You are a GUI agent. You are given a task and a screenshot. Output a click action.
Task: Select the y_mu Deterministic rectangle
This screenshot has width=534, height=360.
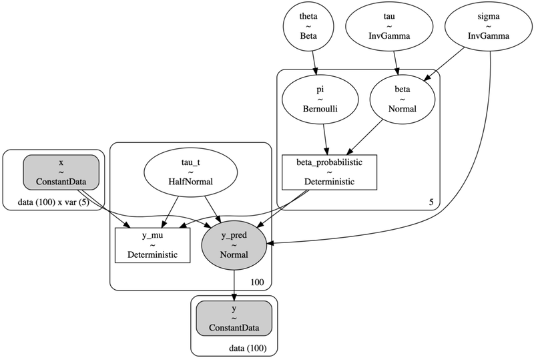[x=153, y=244]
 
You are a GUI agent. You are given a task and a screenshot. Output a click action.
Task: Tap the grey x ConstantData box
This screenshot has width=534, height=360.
[x=61, y=173]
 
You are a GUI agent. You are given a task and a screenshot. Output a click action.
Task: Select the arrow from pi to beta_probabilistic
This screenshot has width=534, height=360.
[x=324, y=141]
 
